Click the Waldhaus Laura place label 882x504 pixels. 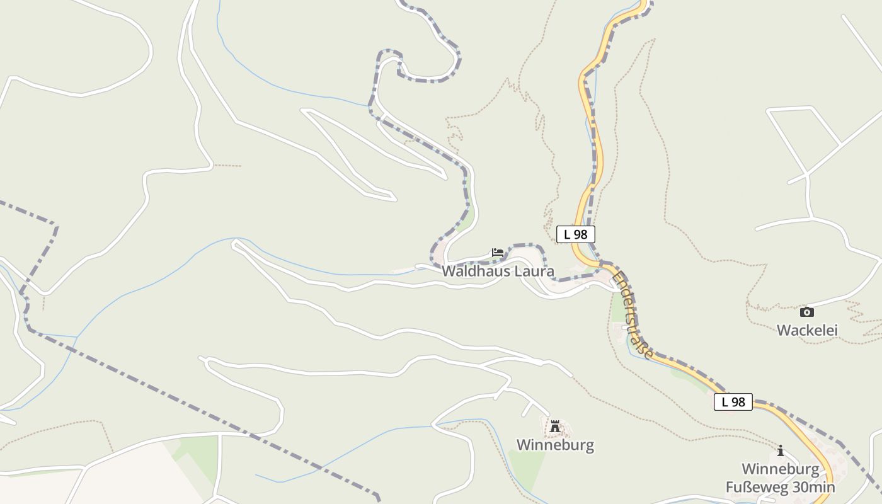pyautogui.click(x=498, y=272)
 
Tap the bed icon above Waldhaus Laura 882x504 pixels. pyautogui.click(x=498, y=253)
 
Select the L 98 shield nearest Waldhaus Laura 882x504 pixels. pyautogui.click(x=576, y=234)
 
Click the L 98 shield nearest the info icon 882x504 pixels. pyautogui.click(x=733, y=402)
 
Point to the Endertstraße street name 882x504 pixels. pyautogui.click(x=632, y=315)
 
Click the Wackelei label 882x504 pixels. pyautogui.click(x=807, y=330)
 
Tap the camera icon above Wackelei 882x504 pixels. pyautogui.click(x=806, y=312)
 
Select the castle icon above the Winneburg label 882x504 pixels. pyautogui.click(x=555, y=427)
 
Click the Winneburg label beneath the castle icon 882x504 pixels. pyautogui.click(x=555, y=445)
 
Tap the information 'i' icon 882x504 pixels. pyautogui.click(x=781, y=450)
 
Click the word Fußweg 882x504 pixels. pyautogui.click(x=752, y=488)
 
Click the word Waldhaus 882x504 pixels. pyautogui.click(x=476, y=272)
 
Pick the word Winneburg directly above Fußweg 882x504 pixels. pyautogui.click(x=781, y=469)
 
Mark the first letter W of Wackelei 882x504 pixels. pyautogui.click(x=783, y=330)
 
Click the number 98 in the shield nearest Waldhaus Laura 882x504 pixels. pyautogui.click(x=580, y=234)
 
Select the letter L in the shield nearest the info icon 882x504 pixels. pyautogui.click(x=724, y=402)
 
